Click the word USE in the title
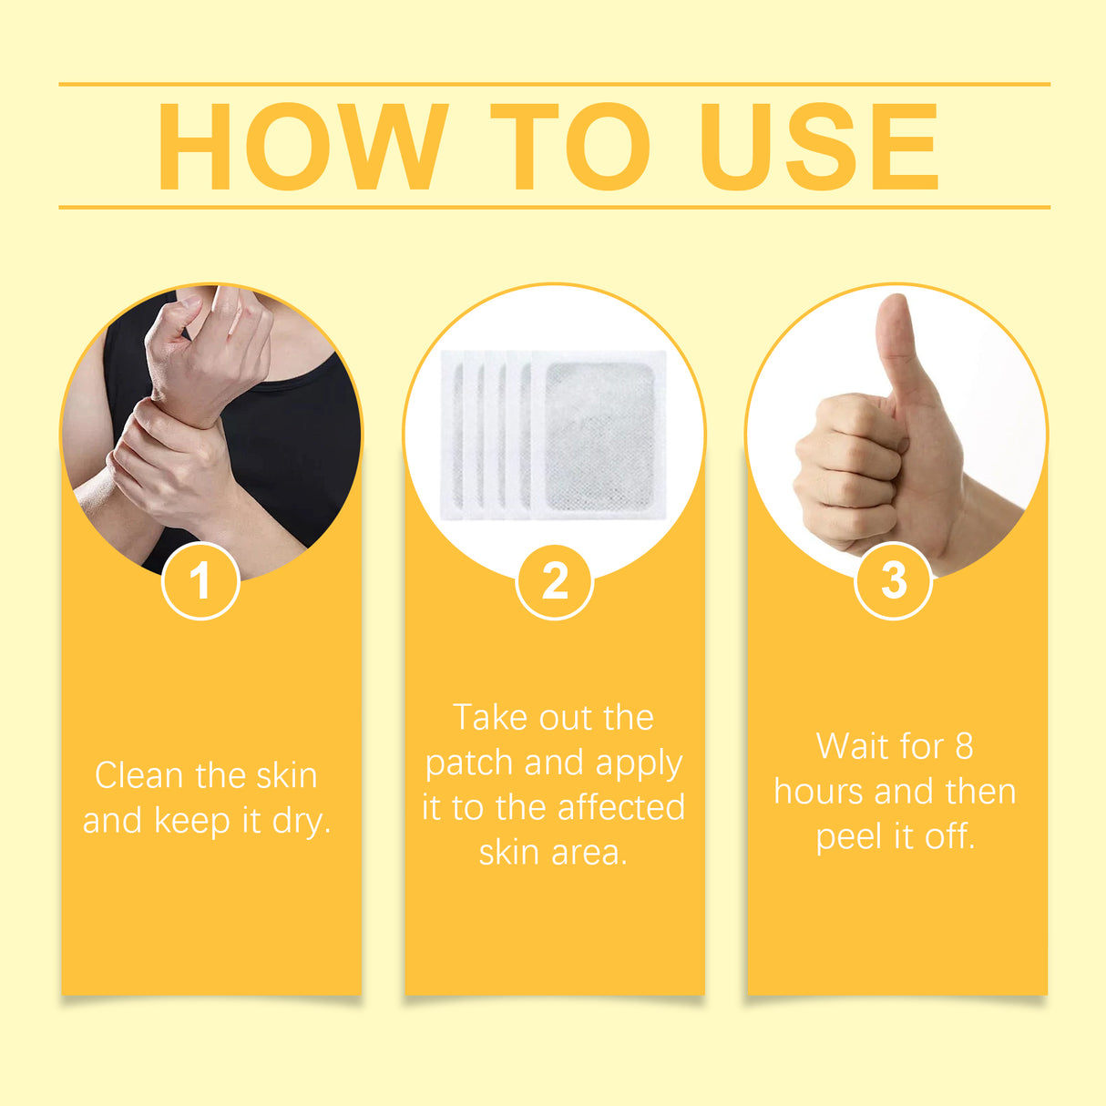[x=818, y=147]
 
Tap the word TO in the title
[x=570, y=147]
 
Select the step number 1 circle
[x=200, y=580]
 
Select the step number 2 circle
[x=554, y=580]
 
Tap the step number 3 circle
[x=894, y=580]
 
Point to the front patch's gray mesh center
[x=599, y=436]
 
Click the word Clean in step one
[x=138, y=776]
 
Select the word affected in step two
[x=620, y=808]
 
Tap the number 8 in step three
[x=964, y=747]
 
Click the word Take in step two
[x=489, y=718]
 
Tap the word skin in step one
[x=286, y=776]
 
